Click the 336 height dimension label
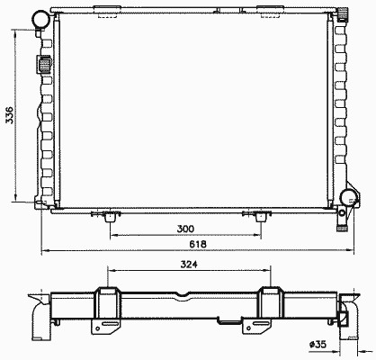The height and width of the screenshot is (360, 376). pos(10,114)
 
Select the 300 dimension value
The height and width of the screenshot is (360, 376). pos(185,229)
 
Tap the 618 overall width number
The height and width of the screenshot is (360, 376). pos(198,244)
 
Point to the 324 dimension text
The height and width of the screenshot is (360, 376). pos(189,265)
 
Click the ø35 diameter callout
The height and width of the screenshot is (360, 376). pos(318,344)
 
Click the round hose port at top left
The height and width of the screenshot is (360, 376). pos(40,19)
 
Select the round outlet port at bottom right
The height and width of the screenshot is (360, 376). pos(348,198)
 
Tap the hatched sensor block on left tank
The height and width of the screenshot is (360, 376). pos(44,64)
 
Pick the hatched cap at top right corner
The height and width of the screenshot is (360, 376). pos(343,15)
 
